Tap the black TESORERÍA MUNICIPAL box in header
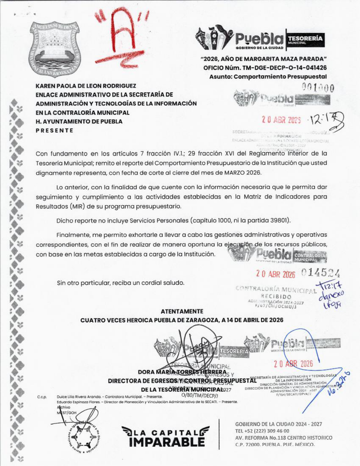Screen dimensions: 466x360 tap(305, 38)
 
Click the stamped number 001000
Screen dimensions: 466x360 tap(318, 88)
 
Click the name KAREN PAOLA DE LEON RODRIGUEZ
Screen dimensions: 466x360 tap(86, 86)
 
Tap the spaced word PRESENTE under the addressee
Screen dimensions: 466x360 tap(54, 130)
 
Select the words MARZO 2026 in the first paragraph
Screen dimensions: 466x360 tap(242, 173)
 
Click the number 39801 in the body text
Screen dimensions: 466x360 tap(280, 221)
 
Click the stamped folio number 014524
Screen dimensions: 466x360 tap(320, 273)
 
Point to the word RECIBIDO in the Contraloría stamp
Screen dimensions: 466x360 tap(276, 297)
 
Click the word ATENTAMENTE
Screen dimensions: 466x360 tap(182, 312)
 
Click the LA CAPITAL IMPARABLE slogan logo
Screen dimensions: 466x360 tap(166, 436)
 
